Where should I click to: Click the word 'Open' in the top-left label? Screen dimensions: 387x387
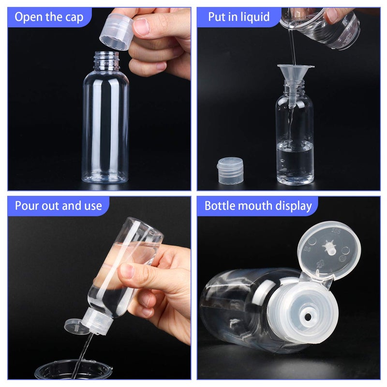[27, 18]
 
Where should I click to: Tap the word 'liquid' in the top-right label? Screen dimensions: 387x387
[253, 17]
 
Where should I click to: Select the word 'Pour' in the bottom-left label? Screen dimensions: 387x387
[27, 206]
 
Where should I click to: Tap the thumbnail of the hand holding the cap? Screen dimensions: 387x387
[142, 26]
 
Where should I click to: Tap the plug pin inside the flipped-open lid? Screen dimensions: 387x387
[329, 247]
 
